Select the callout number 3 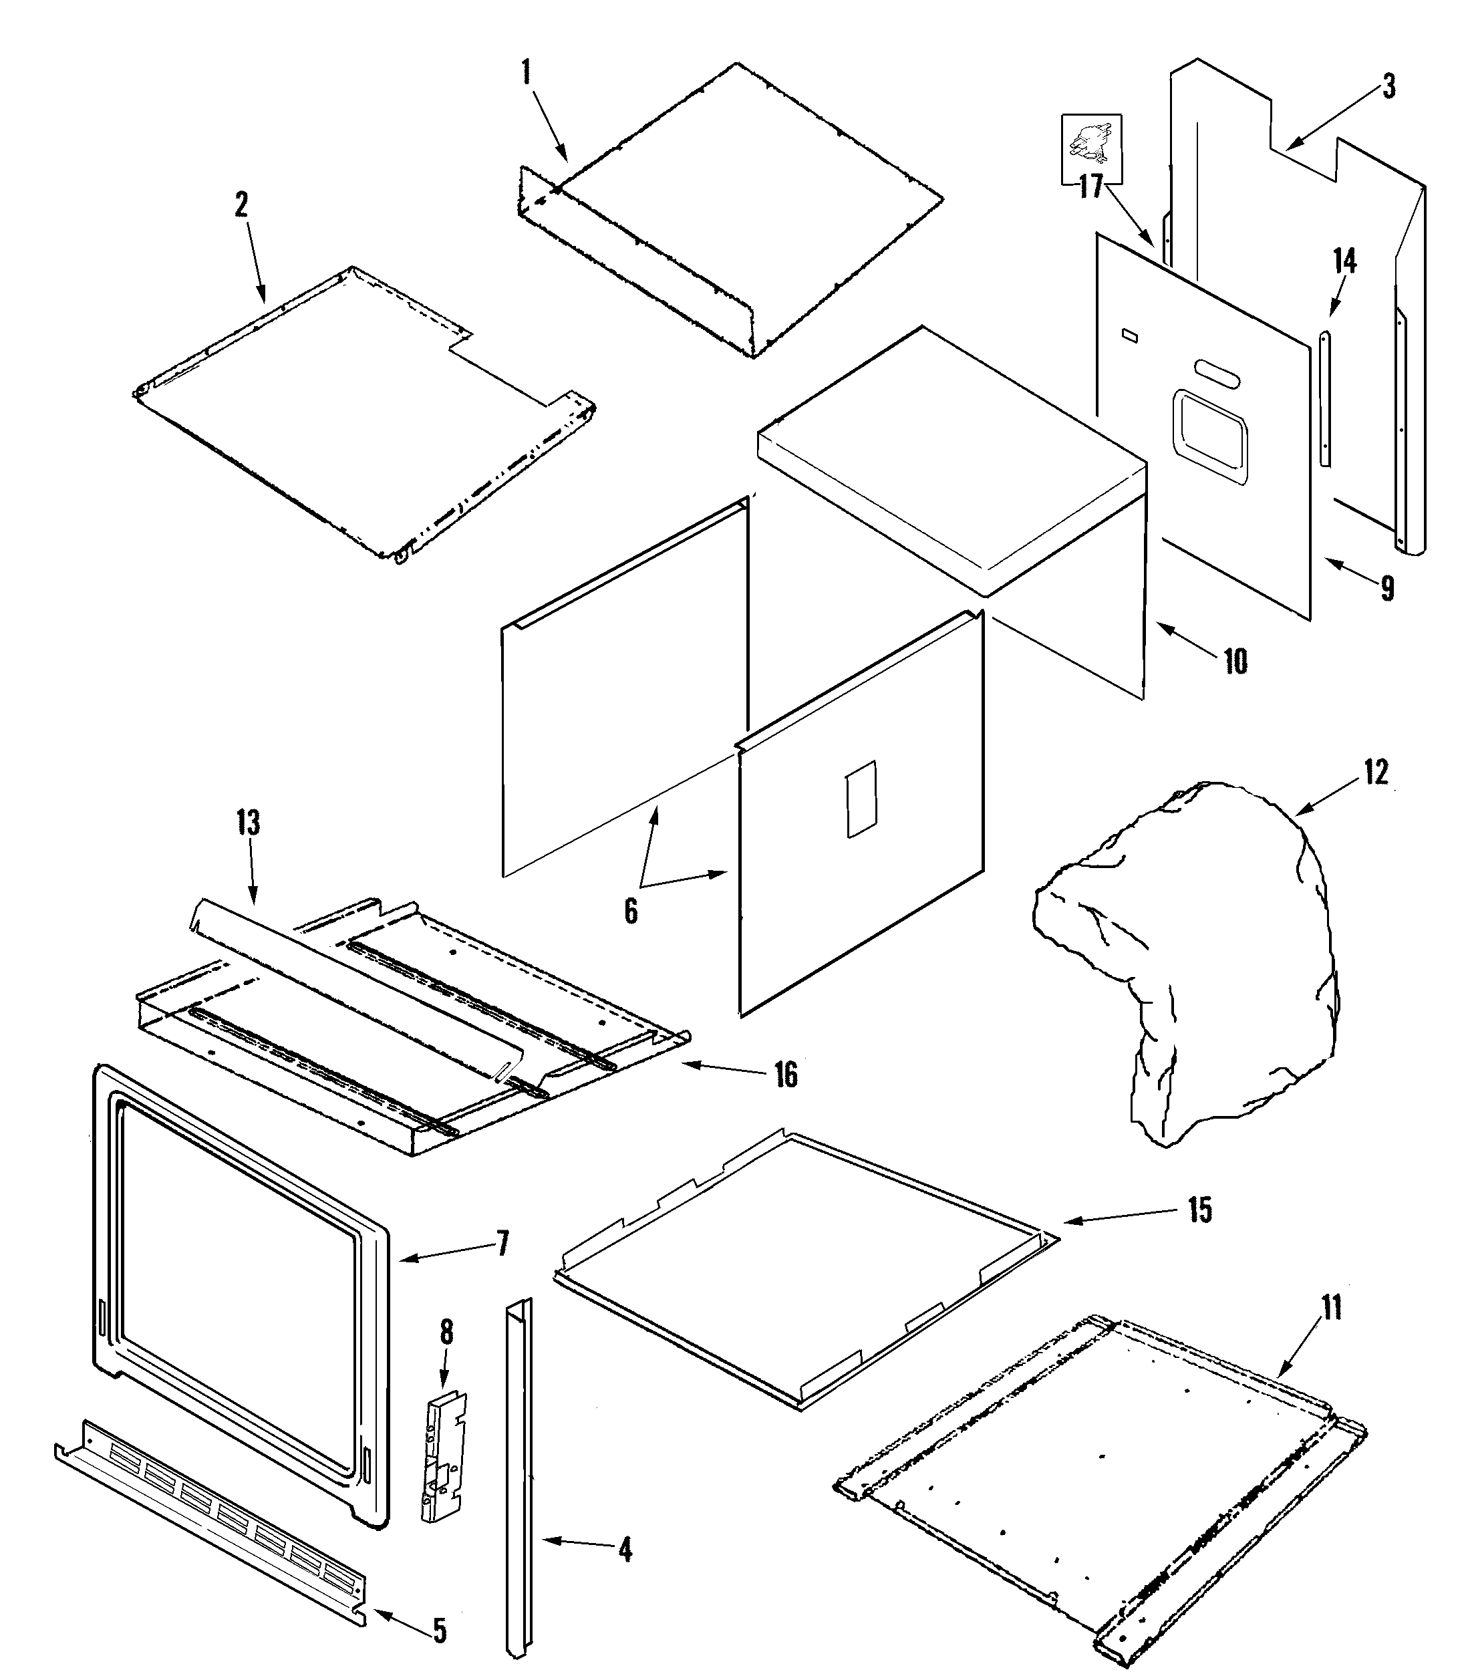1388,87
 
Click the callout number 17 1090,186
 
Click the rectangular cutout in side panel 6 861,799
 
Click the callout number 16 786,1075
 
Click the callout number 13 249,821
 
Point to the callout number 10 1235,661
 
